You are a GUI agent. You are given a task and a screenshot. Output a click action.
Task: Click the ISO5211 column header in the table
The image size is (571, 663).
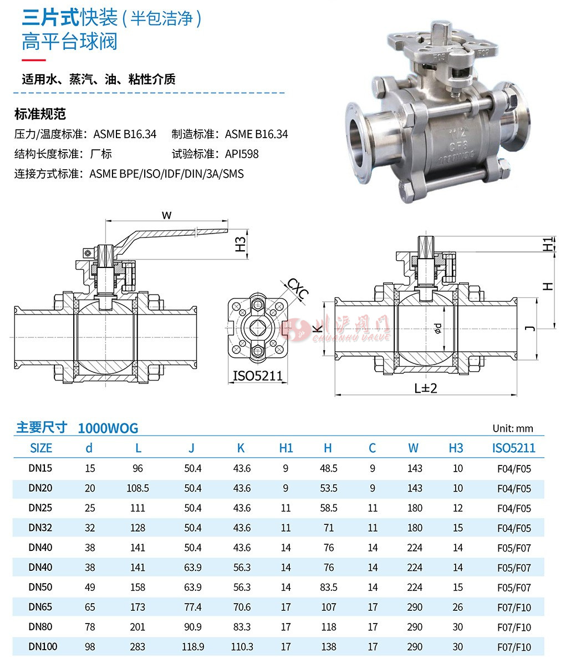click(514, 448)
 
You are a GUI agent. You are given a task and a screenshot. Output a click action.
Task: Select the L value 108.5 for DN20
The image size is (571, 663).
click(137, 488)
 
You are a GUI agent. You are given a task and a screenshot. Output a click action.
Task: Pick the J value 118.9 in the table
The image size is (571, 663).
click(193, 646)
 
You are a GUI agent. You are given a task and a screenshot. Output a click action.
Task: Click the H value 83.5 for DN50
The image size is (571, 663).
click(329, 587)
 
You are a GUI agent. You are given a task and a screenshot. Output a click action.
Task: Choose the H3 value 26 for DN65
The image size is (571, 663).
click(457, 607)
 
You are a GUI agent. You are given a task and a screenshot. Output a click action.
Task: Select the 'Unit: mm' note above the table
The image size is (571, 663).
click(512, 428)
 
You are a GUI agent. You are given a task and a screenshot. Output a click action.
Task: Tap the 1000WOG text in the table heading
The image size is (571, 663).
click(108, 428)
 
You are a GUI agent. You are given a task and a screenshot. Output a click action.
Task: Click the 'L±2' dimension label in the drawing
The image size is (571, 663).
click(426, 388)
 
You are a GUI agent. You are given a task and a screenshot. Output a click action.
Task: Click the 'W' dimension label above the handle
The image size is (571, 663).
click(166, 215)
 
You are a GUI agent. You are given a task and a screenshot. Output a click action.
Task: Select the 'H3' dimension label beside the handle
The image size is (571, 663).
click(239, 245)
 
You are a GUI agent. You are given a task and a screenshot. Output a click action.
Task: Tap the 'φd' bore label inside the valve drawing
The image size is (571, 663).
click(437, 328)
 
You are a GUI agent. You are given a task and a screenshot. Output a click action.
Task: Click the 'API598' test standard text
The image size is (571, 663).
click(242, 154)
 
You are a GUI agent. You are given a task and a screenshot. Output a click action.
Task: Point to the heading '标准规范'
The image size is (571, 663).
click(40, 114)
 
